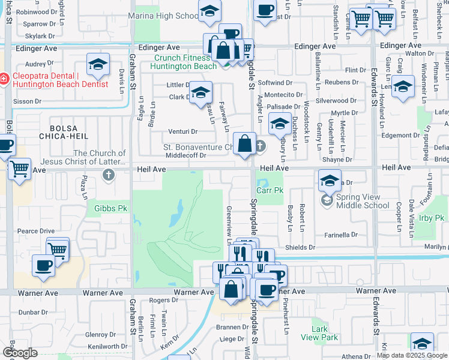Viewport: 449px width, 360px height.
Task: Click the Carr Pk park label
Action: (270, 190)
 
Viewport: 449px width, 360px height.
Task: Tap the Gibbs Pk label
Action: (110, 209)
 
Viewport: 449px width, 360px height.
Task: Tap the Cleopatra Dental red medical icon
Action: (4, 78)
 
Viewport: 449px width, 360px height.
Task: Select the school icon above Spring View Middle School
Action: (330, 180)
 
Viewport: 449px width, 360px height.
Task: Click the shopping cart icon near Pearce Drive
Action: (58, 248)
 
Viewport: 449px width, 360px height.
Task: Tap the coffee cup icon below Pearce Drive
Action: (43, 265)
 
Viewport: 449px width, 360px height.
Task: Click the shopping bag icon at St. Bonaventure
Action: (245, 144)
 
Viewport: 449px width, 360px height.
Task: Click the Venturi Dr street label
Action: (182, 131)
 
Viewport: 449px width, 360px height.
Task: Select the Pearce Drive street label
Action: (36, 231)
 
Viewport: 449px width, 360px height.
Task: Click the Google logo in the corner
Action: (20, 353)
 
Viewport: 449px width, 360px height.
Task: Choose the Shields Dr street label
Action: (300, 247)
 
